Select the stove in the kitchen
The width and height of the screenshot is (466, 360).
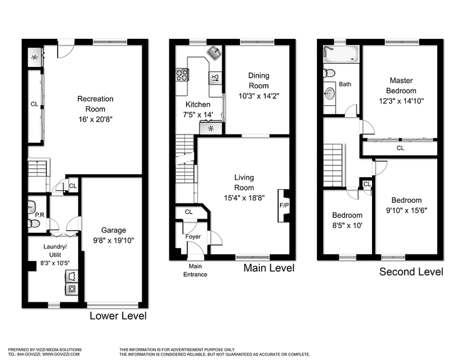coord(183,76)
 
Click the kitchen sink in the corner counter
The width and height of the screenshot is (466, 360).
coord(214,53)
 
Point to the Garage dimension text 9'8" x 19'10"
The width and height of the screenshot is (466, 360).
coord(113,239)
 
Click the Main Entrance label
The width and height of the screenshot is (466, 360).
coord(194,270)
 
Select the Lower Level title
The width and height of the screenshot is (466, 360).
coord(118,316)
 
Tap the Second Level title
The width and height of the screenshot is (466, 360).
coord(412,272)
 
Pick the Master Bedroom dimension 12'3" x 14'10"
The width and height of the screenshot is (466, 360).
coord(401,101)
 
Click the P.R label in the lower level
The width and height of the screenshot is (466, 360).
coord(38,214)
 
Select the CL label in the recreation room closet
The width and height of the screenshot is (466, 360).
coord(34,104)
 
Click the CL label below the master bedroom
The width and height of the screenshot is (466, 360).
coord(400,148)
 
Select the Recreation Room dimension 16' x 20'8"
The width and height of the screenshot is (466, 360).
coord(95,118)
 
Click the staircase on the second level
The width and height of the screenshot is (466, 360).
coord(334,164)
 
